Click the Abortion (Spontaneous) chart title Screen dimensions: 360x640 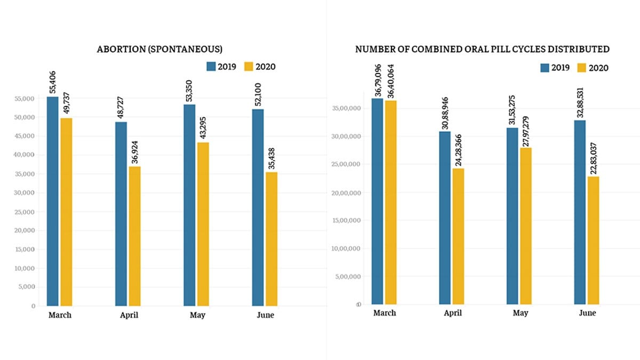pyautogui.click(x=159, y=49)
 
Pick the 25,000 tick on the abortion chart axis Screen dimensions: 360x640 pyautogui.click(x=26, y=212)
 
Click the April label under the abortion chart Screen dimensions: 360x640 pyautogui.click(x=129, y=315)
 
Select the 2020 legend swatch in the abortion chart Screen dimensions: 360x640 pyautogui.click(x=249, y=67)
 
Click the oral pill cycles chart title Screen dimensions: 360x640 pyautogui.click(x=483, y=49)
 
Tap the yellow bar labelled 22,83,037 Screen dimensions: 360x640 pyautogui.click(x=593, y=241)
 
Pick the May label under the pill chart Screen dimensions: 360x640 pyautogui.click(x=521, y=313)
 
